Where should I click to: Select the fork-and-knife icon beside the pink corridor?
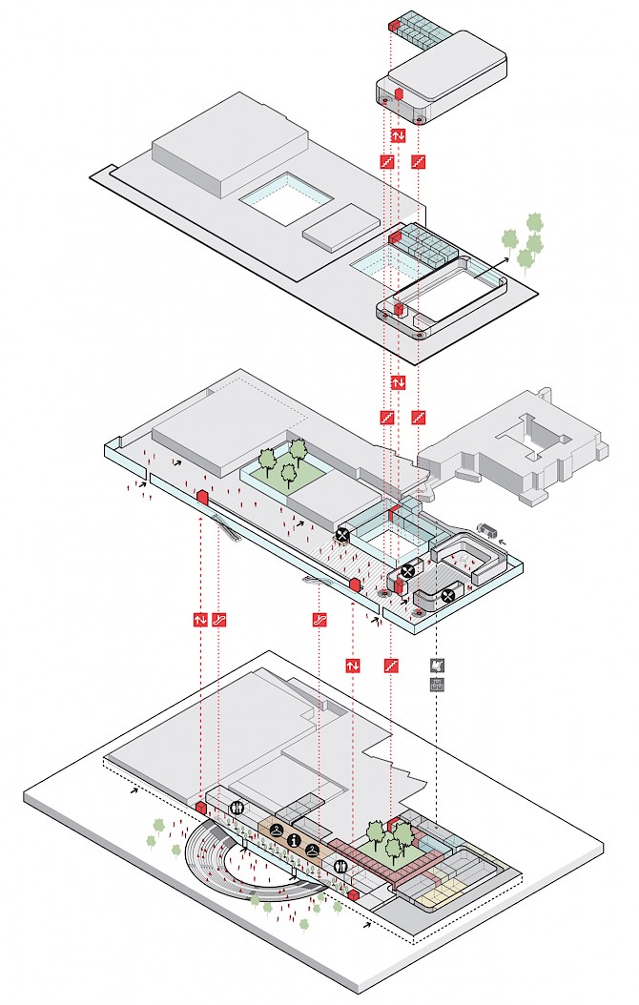tap(342, 866)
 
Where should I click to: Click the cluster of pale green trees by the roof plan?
tap(526, 241)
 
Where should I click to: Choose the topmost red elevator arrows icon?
tap(399, 136)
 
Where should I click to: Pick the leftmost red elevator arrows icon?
tap(201, 619)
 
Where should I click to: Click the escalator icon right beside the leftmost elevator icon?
tap(220, 619)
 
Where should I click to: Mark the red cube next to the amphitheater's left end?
tap(200, 808)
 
